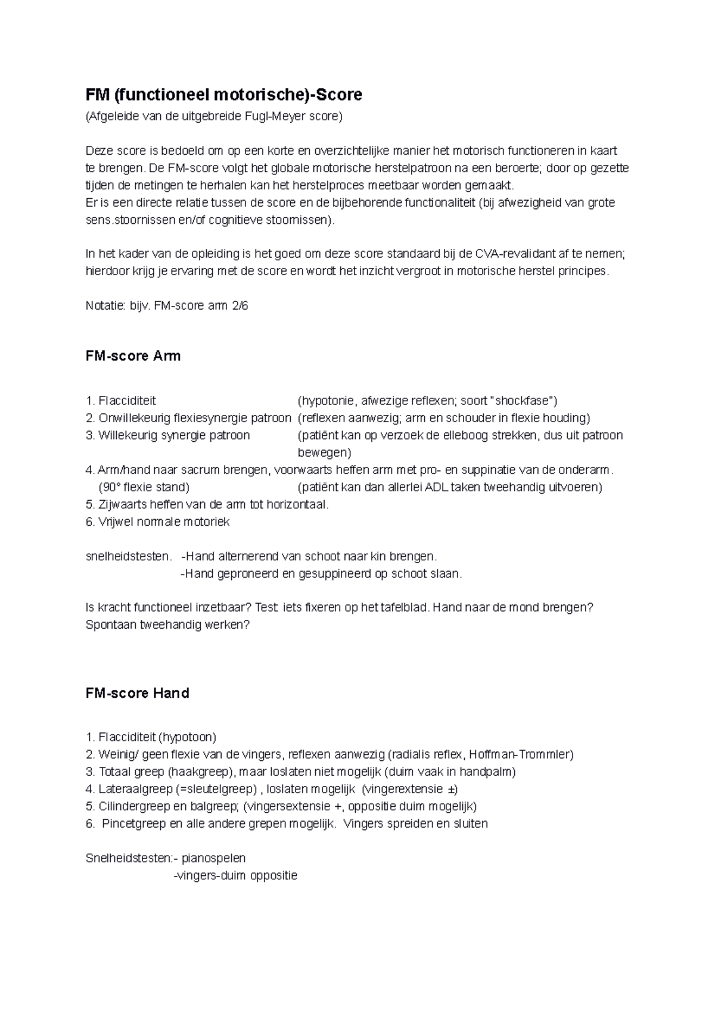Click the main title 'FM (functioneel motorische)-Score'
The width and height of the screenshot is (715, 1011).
(x=224, y=95)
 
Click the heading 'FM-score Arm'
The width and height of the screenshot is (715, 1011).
(x=133, y=356)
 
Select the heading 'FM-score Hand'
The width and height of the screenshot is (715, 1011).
(x=138, y=693)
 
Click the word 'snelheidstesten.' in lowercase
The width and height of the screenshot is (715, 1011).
(x=129, y=557)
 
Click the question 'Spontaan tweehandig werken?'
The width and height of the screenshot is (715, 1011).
(x=167, y=625)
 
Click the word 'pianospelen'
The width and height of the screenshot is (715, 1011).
(x=213, y=859)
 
